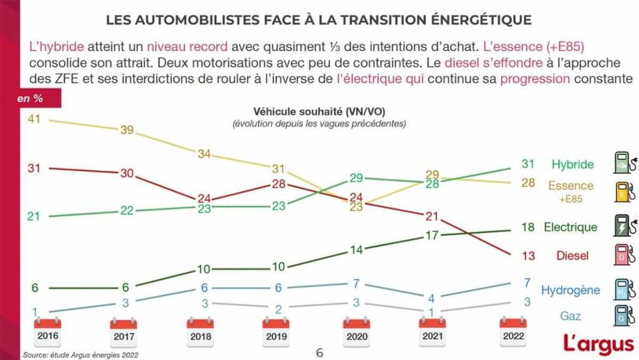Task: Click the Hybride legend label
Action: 572,165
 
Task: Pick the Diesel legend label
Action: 572,256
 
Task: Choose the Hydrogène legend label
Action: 570,290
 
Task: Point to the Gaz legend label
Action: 570,316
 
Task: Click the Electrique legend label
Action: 570,227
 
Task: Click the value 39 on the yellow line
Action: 127,129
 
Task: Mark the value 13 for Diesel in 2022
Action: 527,256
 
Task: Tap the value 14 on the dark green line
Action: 356,250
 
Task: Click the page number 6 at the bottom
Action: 319,353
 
